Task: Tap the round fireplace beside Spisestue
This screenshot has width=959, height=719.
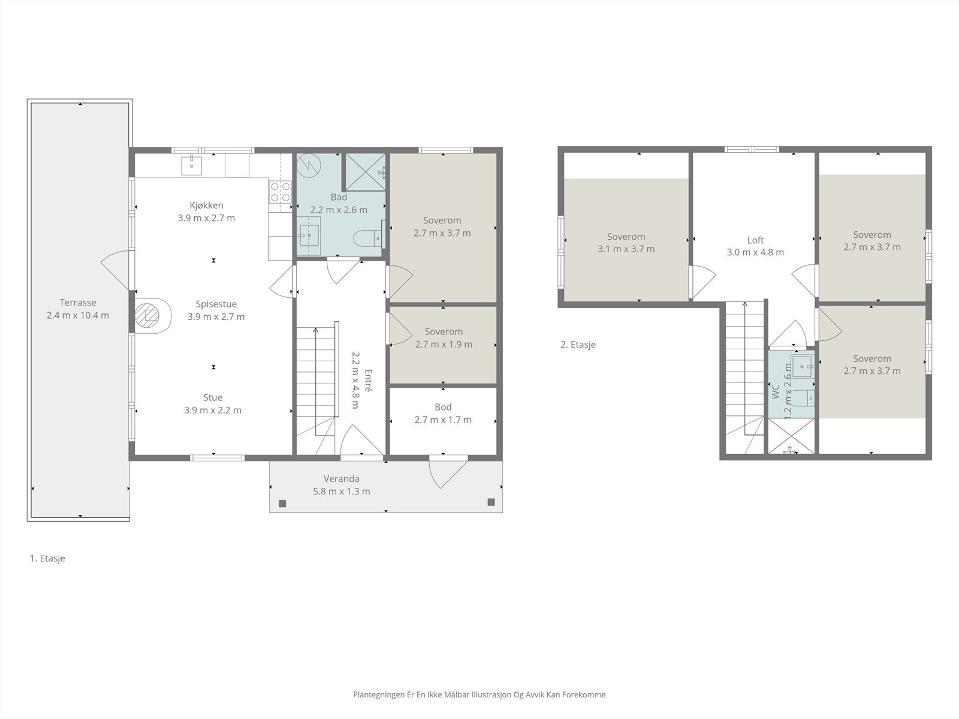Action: [148, 315]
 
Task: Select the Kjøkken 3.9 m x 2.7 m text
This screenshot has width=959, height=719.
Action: [206, 212]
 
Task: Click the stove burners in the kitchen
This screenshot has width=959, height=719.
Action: [281, 192]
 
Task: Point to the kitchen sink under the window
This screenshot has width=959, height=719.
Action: [191, 164]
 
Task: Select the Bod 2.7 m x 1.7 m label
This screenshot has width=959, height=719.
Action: [443, 413]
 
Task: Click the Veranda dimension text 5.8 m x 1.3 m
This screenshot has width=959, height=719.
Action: [342, 491]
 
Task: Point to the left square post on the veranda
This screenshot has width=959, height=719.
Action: [282, 503]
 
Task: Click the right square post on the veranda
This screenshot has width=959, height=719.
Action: [491, 502]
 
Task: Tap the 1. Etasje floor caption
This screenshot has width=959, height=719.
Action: [47, 558]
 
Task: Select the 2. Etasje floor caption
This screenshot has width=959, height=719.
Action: [578, 345]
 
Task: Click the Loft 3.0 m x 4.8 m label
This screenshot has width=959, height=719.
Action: [755, 246]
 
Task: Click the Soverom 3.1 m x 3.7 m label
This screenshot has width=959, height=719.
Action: [626, 243]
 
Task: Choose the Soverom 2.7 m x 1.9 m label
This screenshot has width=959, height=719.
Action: [444, 338]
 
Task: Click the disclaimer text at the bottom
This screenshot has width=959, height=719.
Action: [479, 694]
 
